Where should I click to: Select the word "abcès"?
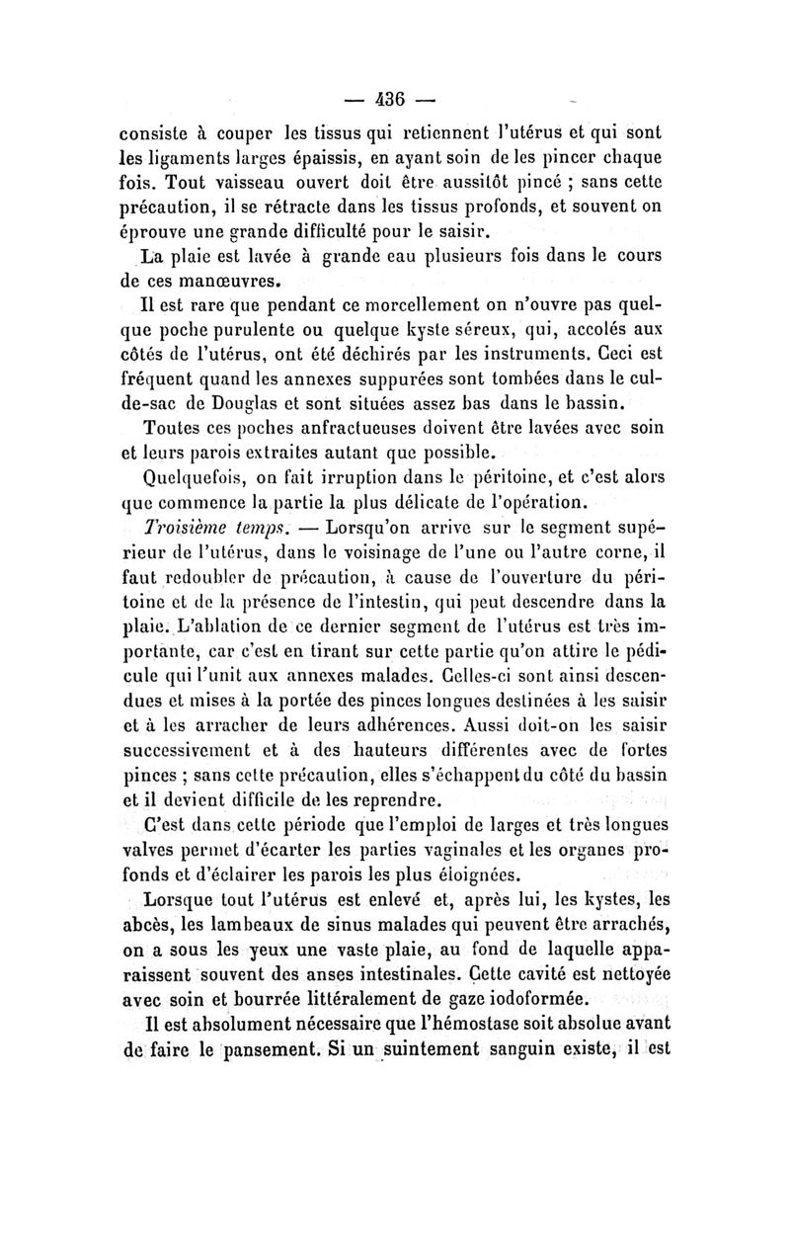point(148,926)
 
